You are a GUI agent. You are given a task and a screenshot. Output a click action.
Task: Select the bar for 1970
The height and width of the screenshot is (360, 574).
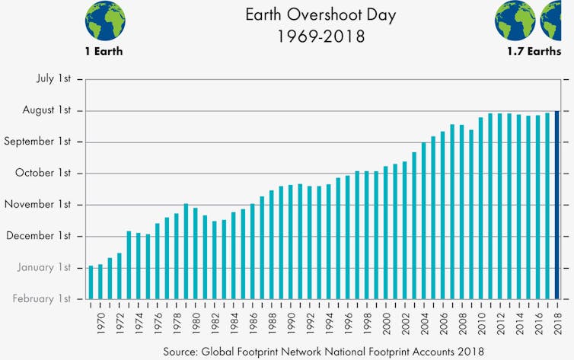click(x=100, y=281)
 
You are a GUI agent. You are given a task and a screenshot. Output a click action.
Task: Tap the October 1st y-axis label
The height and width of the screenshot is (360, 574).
click(x=45, y=173)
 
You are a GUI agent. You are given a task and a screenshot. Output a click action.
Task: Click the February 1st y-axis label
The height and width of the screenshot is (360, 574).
click(x=43, y=298)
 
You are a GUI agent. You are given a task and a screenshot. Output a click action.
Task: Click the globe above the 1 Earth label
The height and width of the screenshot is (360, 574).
click(x=104, y=20)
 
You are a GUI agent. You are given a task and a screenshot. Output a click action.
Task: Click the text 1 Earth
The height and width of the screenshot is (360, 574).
click(x=104, y=52)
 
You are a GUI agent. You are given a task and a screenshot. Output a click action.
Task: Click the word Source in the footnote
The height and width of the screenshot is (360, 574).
click(x=181, y=351)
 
